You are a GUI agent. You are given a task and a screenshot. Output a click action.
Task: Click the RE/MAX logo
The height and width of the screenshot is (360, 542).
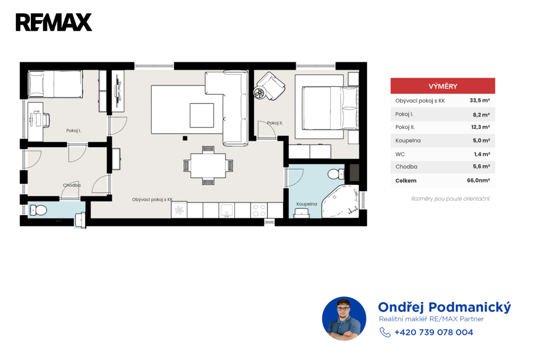[54, 22]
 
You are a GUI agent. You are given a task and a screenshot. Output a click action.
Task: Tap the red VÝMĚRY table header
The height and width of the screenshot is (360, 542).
[443, 86]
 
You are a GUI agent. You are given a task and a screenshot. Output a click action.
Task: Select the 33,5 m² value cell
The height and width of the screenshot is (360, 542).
[480, 101]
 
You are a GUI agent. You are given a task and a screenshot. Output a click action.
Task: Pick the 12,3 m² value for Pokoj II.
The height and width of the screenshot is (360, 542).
[481, 127]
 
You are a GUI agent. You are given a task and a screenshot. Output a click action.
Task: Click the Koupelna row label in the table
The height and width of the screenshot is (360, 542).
[408, 141]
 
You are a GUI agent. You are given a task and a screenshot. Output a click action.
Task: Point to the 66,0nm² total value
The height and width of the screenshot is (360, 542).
[478, 180]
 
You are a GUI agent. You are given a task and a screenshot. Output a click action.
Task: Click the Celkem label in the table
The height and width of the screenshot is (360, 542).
[406, 181]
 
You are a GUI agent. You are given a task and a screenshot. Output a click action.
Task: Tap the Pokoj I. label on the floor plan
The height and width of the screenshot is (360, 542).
[74, 131]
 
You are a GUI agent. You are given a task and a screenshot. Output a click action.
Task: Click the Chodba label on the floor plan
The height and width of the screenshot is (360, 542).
[72, 185]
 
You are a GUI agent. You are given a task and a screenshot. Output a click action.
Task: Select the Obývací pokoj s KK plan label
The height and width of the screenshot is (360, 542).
[152, 200]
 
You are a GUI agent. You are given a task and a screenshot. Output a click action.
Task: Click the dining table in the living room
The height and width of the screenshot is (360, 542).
[208, 166]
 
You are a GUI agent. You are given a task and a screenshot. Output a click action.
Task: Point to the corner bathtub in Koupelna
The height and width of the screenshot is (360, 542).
[340, 202]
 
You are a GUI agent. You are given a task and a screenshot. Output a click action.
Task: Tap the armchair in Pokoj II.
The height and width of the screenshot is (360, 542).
[270, 86]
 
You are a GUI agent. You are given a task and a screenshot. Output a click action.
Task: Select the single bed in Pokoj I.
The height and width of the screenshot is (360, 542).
[55, 84]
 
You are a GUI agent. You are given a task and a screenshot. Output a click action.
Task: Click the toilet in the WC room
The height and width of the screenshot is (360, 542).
[38, 210]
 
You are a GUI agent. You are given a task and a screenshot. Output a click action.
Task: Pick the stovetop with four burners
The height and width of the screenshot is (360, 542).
[259, 210]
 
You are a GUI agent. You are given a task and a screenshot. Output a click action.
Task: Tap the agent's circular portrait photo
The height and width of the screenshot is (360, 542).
[344, 319]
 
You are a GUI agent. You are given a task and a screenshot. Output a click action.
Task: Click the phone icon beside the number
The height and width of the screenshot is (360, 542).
[385, 332]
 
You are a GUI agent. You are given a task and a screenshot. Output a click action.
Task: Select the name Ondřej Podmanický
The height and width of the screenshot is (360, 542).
[444, 307]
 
